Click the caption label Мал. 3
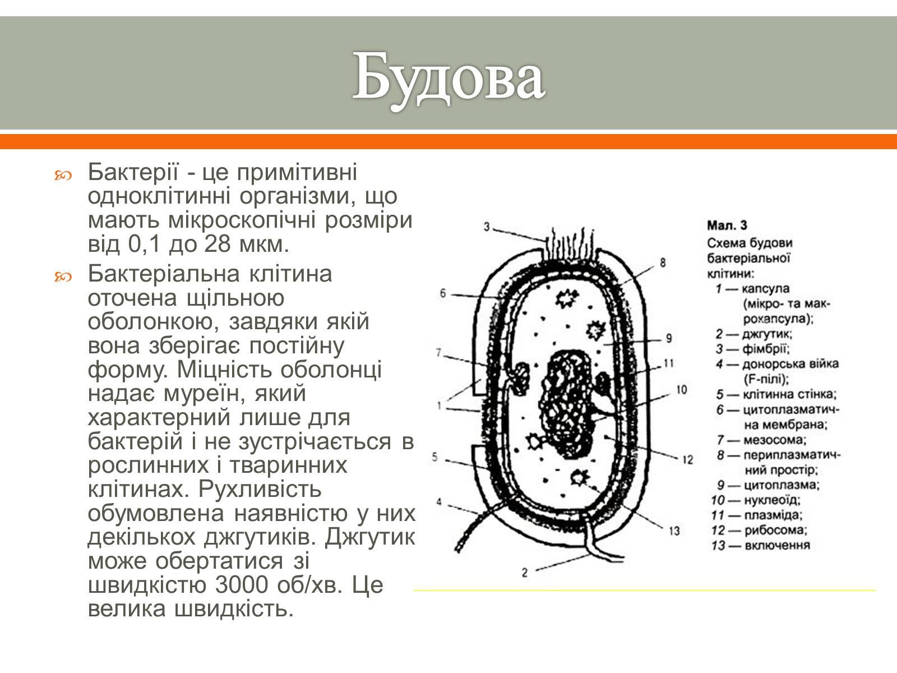click(x=727, y=226)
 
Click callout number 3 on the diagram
click(x=487, y=227)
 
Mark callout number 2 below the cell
click(x=525, y=573)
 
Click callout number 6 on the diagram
click(x=442, y=293)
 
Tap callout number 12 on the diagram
click(x=688, y=460)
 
